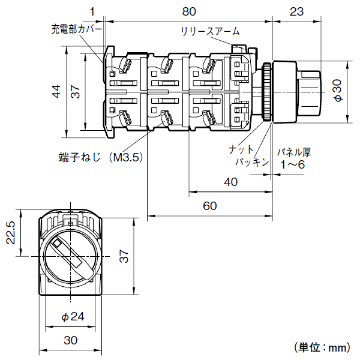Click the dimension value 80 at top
tap(190, 10)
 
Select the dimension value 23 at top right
tap(296, 10)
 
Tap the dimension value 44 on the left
tap(56, 91)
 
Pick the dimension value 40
tap(230, 182)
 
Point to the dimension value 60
tap(209, 206)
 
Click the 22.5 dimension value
tap(10, 232)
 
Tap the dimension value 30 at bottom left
tap(71, 340)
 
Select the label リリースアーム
tap(206, 31)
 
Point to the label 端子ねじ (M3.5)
tap(100, 157)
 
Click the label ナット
tap(241, 149)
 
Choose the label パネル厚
tap(294, 152)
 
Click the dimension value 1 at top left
tap(93, 10)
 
